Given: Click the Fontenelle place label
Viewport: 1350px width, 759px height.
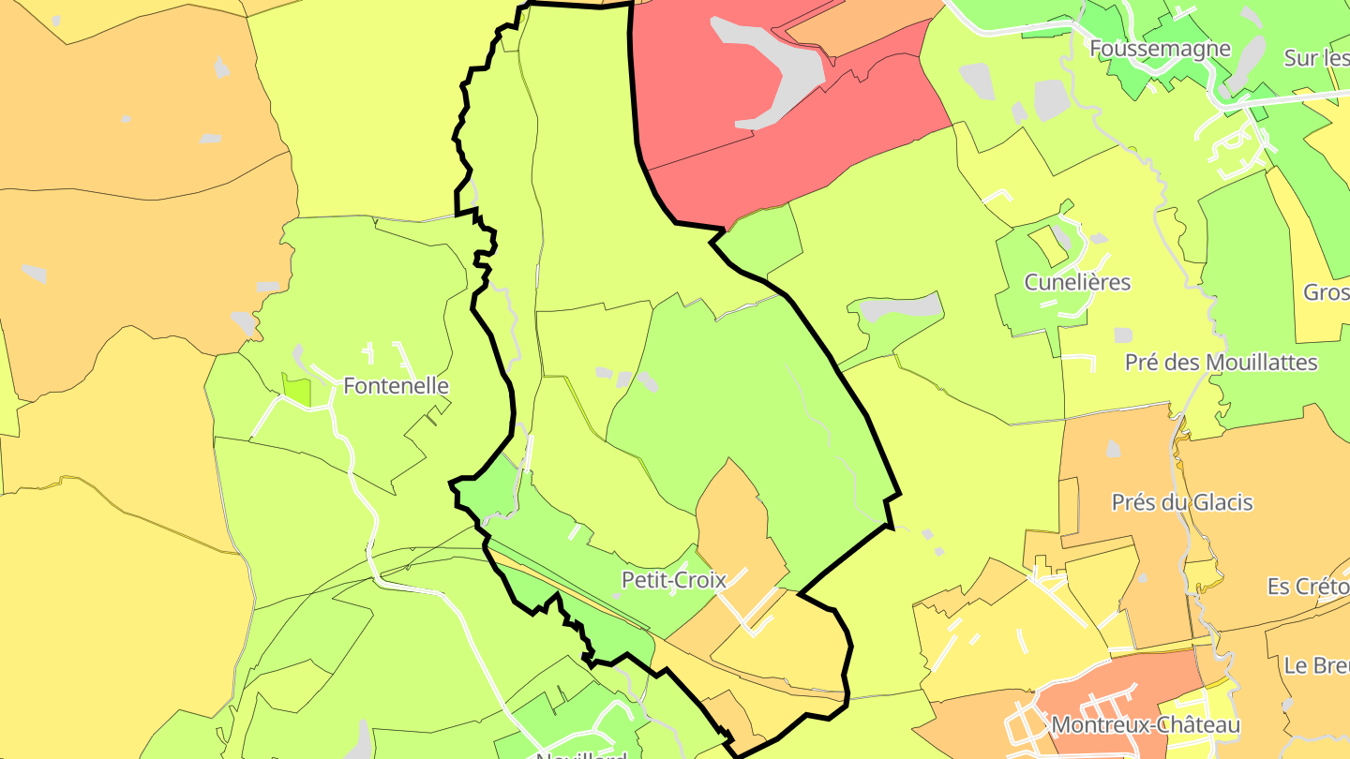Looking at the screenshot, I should (x=396, y=386).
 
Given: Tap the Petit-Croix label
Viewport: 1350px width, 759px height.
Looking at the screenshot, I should (x=674, y=581).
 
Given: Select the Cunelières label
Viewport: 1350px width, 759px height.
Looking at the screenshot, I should (x=1077, y=282).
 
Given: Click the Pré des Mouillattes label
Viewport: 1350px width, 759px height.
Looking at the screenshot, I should (x=1221, y=363).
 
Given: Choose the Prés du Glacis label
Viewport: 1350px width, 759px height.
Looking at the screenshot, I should (x=1181, y=502).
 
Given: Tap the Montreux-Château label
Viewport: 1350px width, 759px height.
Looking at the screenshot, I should (x=1146, y=725).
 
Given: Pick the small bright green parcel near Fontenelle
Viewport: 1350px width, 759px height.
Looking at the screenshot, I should (x=296, y=388).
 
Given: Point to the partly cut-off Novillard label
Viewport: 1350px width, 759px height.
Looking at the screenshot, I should (x=581, y=753).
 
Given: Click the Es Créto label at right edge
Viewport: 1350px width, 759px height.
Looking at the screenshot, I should (x=1308, y=587).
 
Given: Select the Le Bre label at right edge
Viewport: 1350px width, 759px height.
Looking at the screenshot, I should (x=1316, y=665).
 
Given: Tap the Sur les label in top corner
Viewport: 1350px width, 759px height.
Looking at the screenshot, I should (x=1316, y=58).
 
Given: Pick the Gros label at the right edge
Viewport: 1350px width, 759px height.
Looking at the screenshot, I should (x=1326, y=292).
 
